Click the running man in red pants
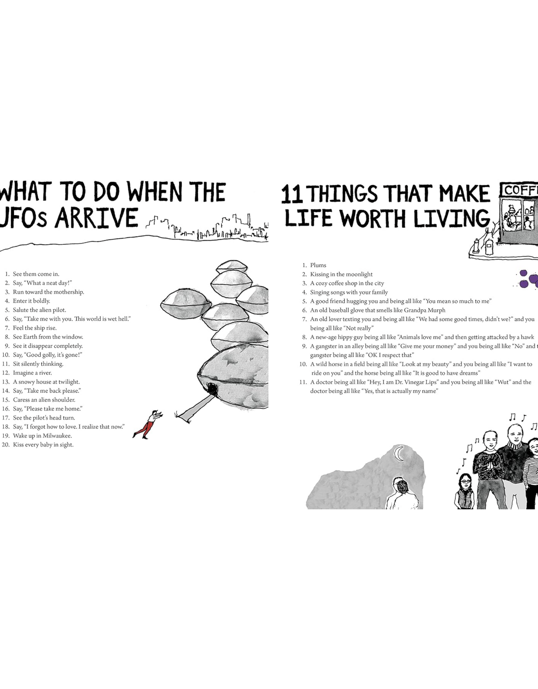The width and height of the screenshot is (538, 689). (x=148, y=424)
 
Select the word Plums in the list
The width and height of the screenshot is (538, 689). (x=318, y=265)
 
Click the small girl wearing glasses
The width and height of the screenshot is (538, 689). (x=465, y=491)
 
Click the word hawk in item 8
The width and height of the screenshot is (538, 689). (x=527, y=337)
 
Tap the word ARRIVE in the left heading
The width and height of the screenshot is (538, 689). (x=97, y=218)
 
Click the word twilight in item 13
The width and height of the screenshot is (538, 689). (x=69, y=382)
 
